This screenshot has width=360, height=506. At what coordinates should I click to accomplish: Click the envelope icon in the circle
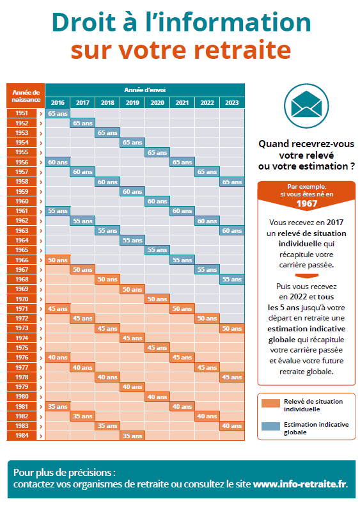point(306,104)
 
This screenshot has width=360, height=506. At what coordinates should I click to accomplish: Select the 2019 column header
point(132,102)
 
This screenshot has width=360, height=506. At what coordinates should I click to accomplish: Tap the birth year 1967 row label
point(22,269)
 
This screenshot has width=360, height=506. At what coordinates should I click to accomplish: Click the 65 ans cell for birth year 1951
point(58,113)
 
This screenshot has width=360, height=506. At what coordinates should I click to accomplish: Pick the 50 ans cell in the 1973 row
point(232,328)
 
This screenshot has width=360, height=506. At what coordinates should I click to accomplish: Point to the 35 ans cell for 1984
point(132,436)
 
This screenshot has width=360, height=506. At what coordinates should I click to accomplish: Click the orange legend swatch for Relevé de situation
point(270,404)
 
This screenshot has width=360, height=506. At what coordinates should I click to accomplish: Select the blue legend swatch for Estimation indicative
point(270,426)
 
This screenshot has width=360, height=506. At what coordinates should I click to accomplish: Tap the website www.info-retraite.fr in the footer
point(300,484)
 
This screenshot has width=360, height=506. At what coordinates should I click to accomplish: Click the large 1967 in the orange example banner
point(307,203)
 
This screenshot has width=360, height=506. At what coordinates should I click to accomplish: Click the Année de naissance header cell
point(26,96)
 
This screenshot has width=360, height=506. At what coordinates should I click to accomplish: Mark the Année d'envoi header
point(145,90)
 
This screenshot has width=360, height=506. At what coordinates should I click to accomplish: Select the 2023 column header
point(232,102)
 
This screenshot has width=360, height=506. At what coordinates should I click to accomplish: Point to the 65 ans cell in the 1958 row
point(232,182)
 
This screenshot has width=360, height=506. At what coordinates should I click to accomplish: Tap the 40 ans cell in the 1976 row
point(58,357)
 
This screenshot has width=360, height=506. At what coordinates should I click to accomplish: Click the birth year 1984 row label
point(22,436)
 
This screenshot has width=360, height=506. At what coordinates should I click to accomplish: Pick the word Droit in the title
point(84,22)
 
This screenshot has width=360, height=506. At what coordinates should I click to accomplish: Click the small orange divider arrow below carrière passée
point(307,276)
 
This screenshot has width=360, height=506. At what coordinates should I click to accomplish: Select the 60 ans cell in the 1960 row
point(157,201)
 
